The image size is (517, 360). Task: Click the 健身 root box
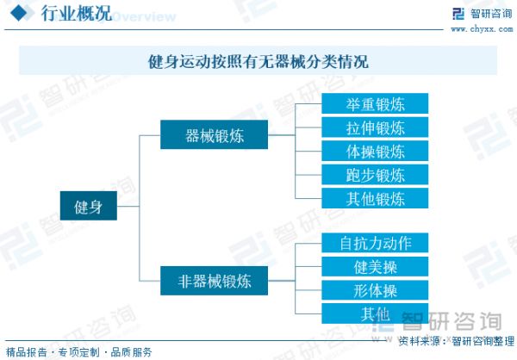(89, 206)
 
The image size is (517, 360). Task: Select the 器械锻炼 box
(214, 134)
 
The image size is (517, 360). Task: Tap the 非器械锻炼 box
(214, 281)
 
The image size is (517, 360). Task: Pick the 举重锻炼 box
(375, 103)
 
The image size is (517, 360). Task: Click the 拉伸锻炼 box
(375, 127)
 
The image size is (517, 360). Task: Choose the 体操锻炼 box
(375, 151)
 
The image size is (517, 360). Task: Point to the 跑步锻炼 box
(375, 175)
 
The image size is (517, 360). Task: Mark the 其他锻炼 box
(375, 198)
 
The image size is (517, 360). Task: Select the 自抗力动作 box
(375, 243)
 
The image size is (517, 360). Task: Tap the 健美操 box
(375, 266)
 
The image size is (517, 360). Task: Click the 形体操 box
(375, 290)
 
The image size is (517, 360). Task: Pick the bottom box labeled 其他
(375, 313)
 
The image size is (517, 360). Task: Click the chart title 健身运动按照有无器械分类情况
(258, 61)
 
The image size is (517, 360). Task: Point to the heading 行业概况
(77, 14)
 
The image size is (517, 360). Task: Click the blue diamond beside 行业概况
(18, 14)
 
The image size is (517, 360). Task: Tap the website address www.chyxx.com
(482, 29)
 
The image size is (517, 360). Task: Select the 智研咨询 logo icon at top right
(458, 14)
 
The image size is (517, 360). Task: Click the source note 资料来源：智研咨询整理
(457, 341)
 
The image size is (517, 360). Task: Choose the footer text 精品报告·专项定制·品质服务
(78, 352)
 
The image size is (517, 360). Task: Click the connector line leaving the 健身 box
(128, 206)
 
